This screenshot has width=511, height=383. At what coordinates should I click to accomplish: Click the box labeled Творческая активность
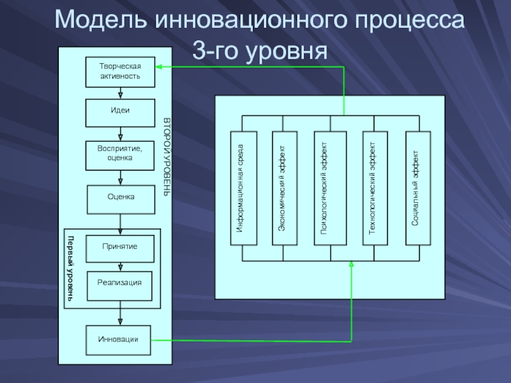click(121, 71)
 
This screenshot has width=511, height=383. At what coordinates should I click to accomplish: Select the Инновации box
click(121, 340)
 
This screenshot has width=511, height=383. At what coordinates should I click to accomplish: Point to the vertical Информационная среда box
click(243, 188)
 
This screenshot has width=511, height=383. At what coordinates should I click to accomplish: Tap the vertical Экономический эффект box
click(285, 188)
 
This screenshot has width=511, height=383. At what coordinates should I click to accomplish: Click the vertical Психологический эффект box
click(330, 188)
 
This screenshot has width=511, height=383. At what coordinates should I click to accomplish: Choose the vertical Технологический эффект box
click(375, 188)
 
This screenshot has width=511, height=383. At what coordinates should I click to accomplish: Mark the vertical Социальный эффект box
click(418, 188)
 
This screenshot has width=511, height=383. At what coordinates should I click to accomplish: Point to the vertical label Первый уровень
click(71, 268)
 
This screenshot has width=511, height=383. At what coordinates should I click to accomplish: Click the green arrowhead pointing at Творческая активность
click(160, 66)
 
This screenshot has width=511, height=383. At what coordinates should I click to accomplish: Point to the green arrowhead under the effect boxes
click(351, 264)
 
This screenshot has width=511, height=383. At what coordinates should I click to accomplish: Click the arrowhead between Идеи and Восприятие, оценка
click(121, 137)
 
